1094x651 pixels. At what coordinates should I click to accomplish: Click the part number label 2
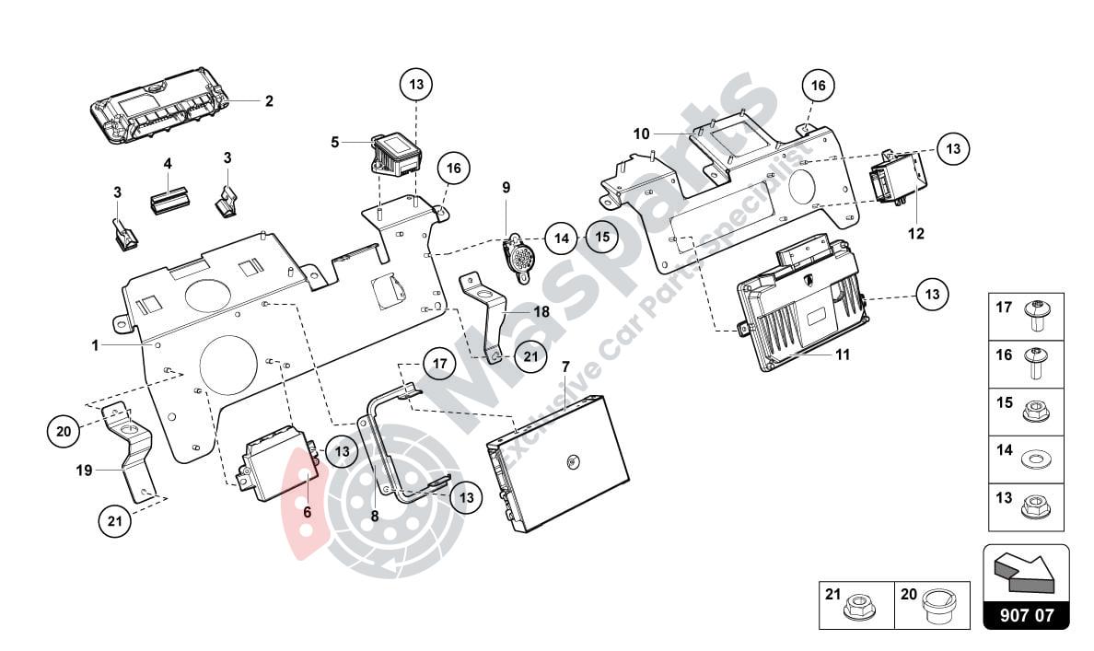click(269, 101)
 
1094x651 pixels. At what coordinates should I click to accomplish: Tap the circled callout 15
click(601, 237)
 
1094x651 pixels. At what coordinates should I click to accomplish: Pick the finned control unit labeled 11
click(797, 318)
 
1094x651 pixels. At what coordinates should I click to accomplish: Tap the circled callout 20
click(64, 429)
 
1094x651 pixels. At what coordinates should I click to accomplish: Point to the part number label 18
click(541, 312)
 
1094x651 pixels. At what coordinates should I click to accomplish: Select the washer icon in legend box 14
click(1036, 453)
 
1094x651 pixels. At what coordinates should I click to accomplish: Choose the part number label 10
click(641, 134)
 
